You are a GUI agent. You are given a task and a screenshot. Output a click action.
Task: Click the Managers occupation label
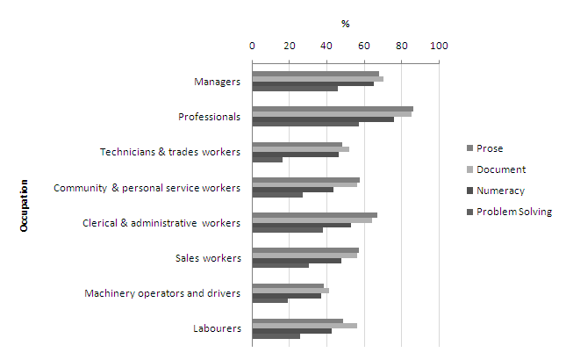point(217,82)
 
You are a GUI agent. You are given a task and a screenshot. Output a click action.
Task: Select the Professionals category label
point(209,117)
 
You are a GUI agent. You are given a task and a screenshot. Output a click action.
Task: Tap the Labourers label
point(217,328)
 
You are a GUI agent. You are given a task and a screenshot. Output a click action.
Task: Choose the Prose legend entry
point(490,148)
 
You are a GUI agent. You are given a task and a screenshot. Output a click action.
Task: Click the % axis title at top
point(346,24)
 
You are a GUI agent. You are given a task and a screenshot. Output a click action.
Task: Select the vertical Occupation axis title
point(25,205)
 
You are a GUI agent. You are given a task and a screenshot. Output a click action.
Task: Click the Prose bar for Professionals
point(333,109)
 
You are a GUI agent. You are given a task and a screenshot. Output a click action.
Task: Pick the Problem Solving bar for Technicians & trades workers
point(268,160)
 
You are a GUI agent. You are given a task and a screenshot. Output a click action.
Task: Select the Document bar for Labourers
point(304,326)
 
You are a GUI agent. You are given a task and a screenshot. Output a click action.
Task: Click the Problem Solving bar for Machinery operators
point(270,301)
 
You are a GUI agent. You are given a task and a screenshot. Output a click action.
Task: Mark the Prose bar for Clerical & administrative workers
point(315,214)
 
